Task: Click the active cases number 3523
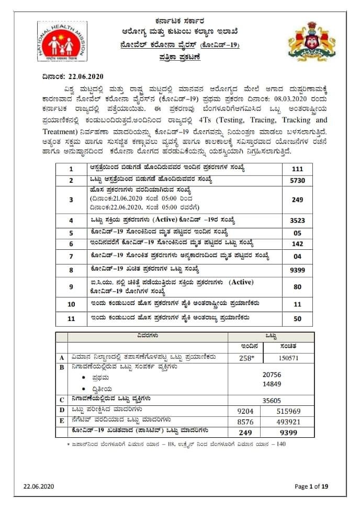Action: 297,221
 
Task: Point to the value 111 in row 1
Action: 297,169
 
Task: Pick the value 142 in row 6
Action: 297,244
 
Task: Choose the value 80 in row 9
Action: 297,287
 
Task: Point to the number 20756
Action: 272,374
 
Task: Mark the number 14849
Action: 272,384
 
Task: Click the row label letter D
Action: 62,410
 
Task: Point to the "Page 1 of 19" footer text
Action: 311,487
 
